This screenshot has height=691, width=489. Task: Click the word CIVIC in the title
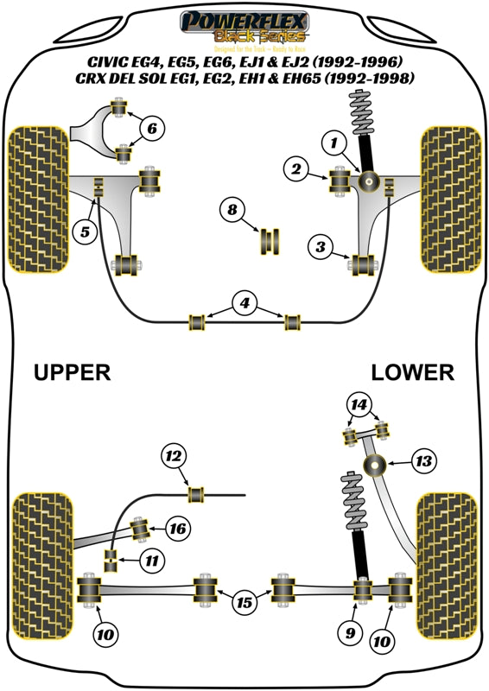(x=107, y=61)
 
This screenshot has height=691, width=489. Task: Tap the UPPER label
(x=72, y=372)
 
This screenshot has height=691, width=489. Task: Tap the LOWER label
(x=412, y=372)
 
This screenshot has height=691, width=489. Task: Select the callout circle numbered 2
(x=295, y=171)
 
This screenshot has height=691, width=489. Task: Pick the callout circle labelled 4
(x=244, y=303)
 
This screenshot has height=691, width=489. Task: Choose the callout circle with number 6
(x=151, y=130)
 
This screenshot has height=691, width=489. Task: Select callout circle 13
(x=422, y=463)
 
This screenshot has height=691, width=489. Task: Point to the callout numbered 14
(x=358, y=403)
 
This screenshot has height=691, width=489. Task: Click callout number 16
(x=176, y=528)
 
